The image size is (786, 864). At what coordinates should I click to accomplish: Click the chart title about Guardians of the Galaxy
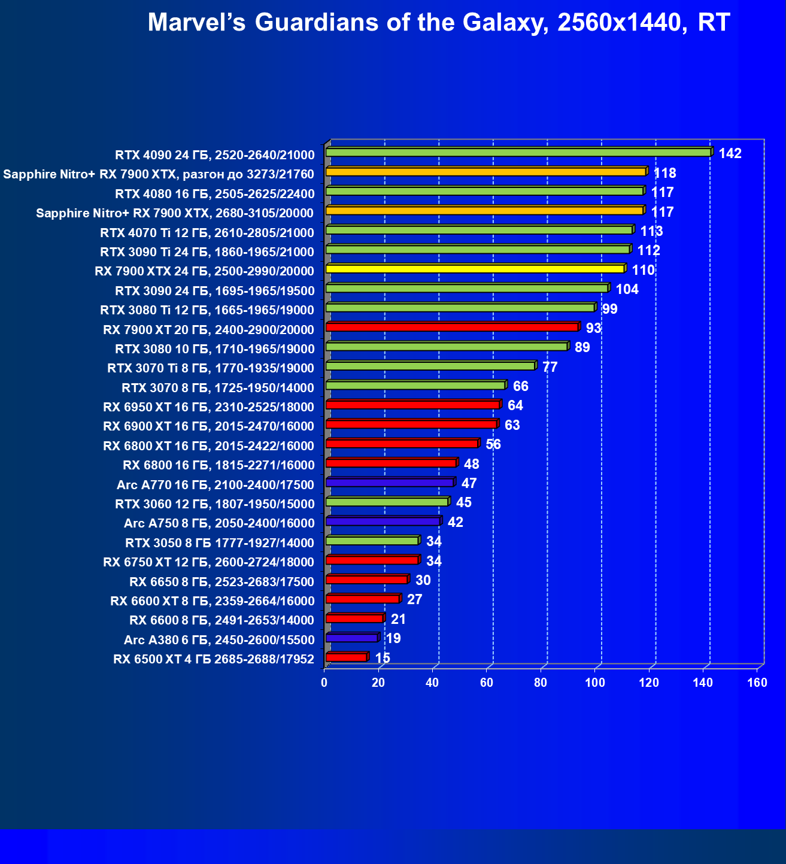(438, 23)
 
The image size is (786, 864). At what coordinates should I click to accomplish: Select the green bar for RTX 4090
(518, 153)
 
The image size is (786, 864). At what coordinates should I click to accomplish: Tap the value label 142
(730, 154)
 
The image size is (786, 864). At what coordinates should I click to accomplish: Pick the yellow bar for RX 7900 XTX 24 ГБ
(475, 269)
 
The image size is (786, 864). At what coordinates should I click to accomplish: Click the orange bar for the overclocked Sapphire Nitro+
(486, 172)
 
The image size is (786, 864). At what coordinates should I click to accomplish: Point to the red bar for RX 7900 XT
(452, 327)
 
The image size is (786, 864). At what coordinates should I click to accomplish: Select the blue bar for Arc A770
(390, 482)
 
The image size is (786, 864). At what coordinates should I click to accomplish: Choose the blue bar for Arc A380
(352, 638)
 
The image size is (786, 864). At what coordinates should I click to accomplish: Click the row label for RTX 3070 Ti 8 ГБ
(211, 368)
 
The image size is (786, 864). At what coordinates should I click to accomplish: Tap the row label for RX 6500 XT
(214, 659)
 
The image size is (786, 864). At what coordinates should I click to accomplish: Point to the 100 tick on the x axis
(595, 683)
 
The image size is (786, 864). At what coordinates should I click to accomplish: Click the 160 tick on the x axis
(757, 683)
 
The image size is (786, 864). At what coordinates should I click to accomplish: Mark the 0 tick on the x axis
(324, 683)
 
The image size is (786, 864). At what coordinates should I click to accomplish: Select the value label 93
(593, 328)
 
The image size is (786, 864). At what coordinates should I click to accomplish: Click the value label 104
(627, 290)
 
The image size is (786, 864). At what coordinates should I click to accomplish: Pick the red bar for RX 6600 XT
(363, 599)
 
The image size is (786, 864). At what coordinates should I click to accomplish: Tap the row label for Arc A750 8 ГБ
(219, 523)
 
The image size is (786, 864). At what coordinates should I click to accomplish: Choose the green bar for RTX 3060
(387, 502)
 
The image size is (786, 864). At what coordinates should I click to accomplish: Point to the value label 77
(550, 367)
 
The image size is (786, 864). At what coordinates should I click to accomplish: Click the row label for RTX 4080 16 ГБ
(215, 193)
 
